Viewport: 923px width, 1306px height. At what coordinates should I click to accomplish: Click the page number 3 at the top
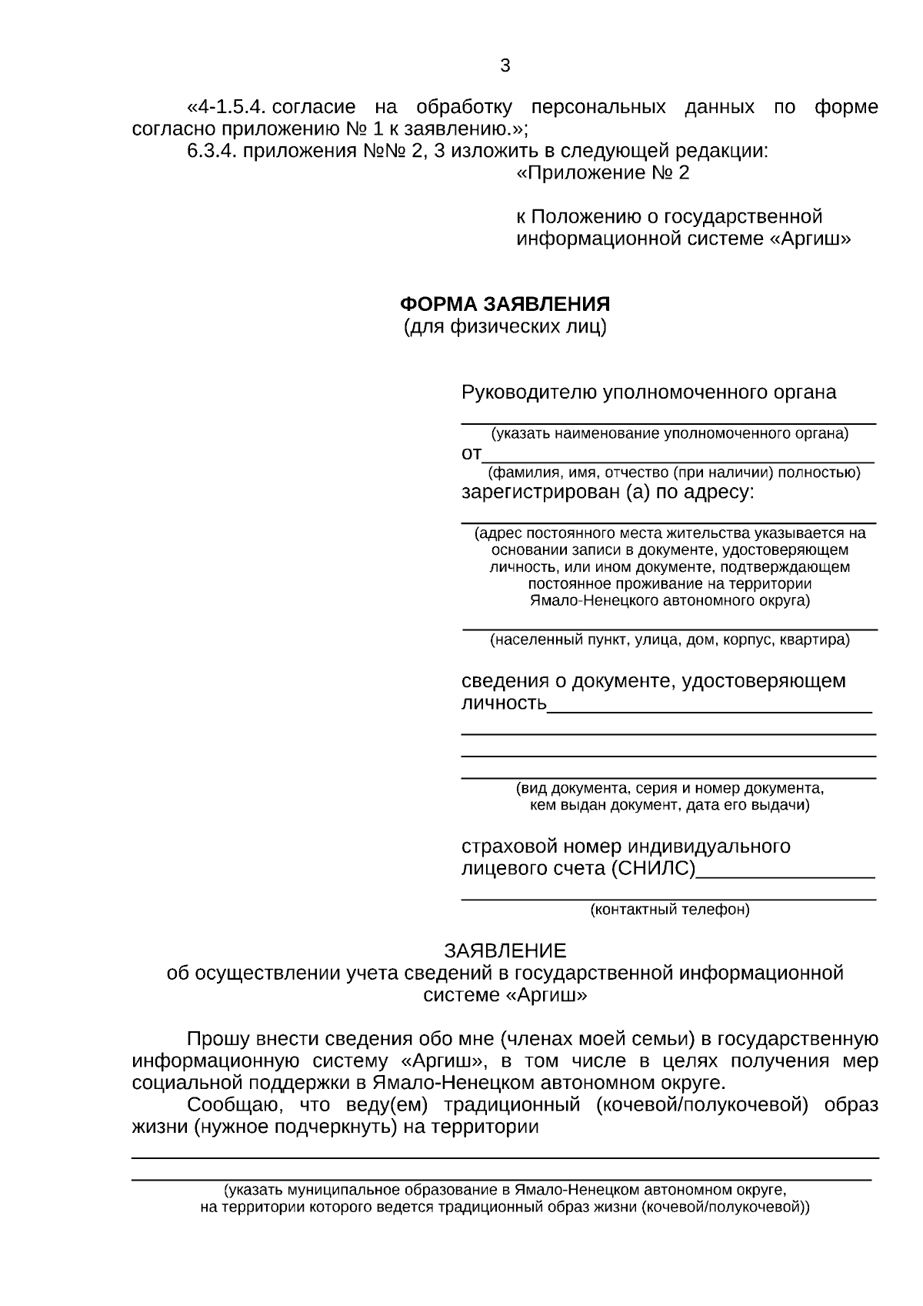pyautogui.click(x=505, y=65)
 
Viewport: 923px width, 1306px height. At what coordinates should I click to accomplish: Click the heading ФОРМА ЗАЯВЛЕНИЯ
pyautogui.click(x=505, y=303)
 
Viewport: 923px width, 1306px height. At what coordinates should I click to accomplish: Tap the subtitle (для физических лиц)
pyautogui.click(x=505, y=327)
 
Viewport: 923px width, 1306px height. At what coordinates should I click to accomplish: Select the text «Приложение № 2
pyautogui.click(x=602, y=173)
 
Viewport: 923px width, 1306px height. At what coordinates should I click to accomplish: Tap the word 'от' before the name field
pyautogui.click(x=471, y=454)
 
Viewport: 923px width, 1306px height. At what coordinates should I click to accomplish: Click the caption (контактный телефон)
pyautogui.click(x=669, y=910)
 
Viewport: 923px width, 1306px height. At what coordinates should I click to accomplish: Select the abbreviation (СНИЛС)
pyautogui.click(x=653, y=869)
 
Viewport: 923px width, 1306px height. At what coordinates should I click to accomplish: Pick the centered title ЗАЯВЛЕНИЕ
pyautogui.click(x=505, y=950)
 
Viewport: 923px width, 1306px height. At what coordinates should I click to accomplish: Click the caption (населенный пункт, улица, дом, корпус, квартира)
pyautogui.click(x=669, y=640)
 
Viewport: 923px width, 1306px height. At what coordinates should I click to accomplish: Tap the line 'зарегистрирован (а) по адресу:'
pyautogui.click(x=608, y=493)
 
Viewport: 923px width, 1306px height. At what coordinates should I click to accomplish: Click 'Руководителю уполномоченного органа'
pyautogui.click(x=648, y=392)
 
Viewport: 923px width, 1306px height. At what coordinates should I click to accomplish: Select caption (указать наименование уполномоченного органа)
pyautogui.click(x=669, y=433)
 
